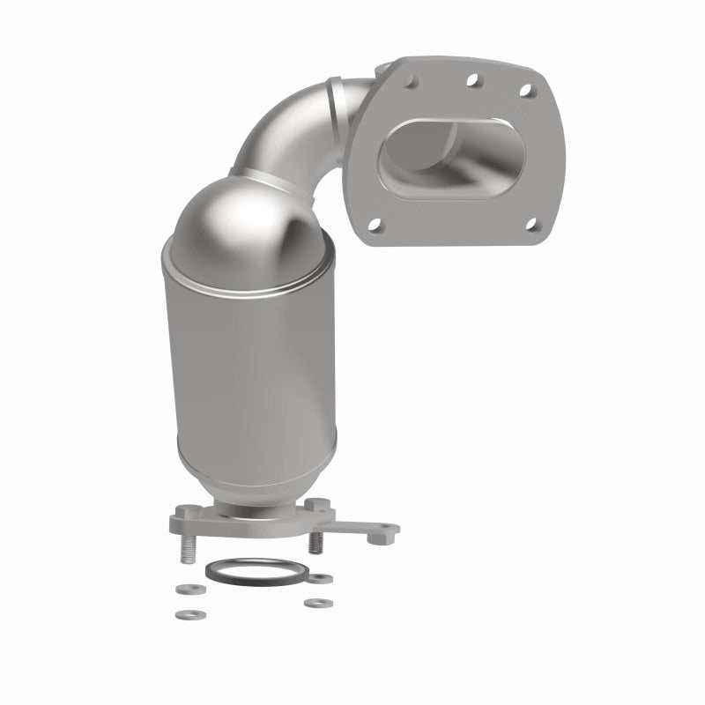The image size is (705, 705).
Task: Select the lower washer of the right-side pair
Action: click(x=311, y=605)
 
